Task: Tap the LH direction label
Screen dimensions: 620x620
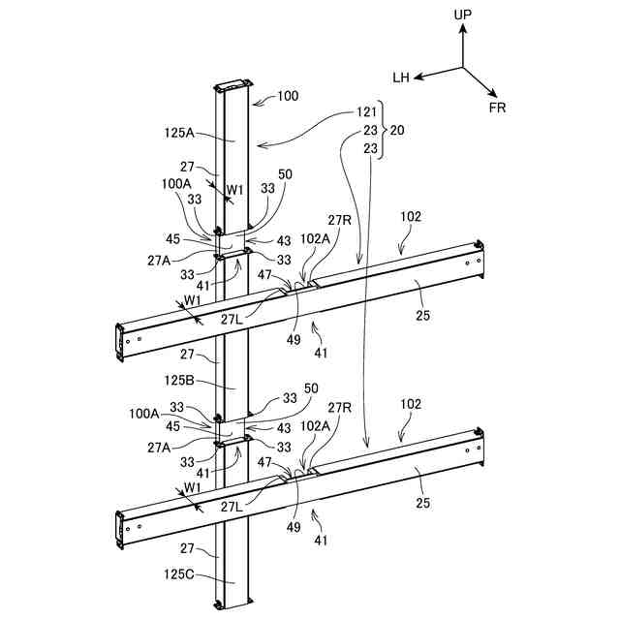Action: click(403, 77)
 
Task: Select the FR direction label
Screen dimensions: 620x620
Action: click(498, 108)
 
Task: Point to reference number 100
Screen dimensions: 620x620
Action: click(288, 96)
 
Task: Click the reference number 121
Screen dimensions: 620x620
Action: click(366, 112)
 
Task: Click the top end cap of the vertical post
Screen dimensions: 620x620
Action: click(233, 86)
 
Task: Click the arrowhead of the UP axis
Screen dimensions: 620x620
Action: click(463, 28)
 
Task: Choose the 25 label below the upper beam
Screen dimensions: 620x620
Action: click(423, 315)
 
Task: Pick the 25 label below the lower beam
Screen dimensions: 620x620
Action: click(423, 503)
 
